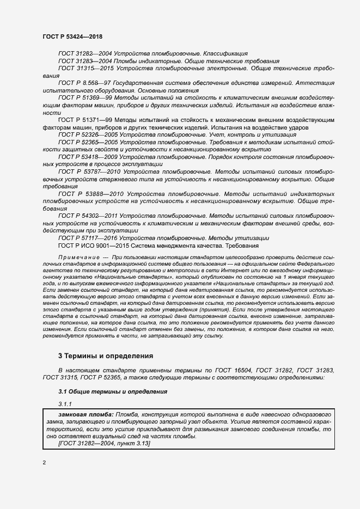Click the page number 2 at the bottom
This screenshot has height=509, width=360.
click(x=44, y=463)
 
